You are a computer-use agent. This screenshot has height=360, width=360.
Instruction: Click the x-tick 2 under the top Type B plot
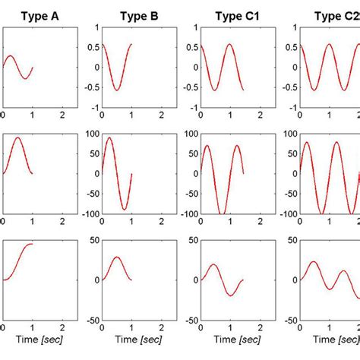coord(162,115)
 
